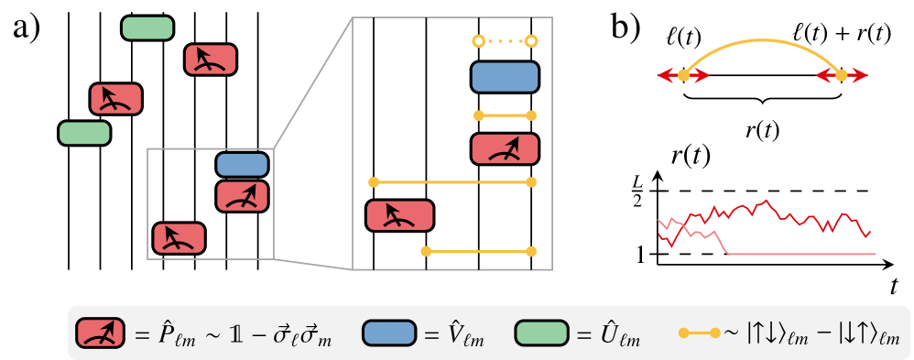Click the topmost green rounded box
147,28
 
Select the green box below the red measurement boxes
84,134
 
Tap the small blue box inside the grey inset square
242,165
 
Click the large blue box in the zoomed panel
505,77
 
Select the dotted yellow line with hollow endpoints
505,41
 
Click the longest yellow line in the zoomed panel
452,182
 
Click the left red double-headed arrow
683,76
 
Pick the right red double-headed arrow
841,76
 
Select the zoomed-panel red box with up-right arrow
505,149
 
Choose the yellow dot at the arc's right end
841,76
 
